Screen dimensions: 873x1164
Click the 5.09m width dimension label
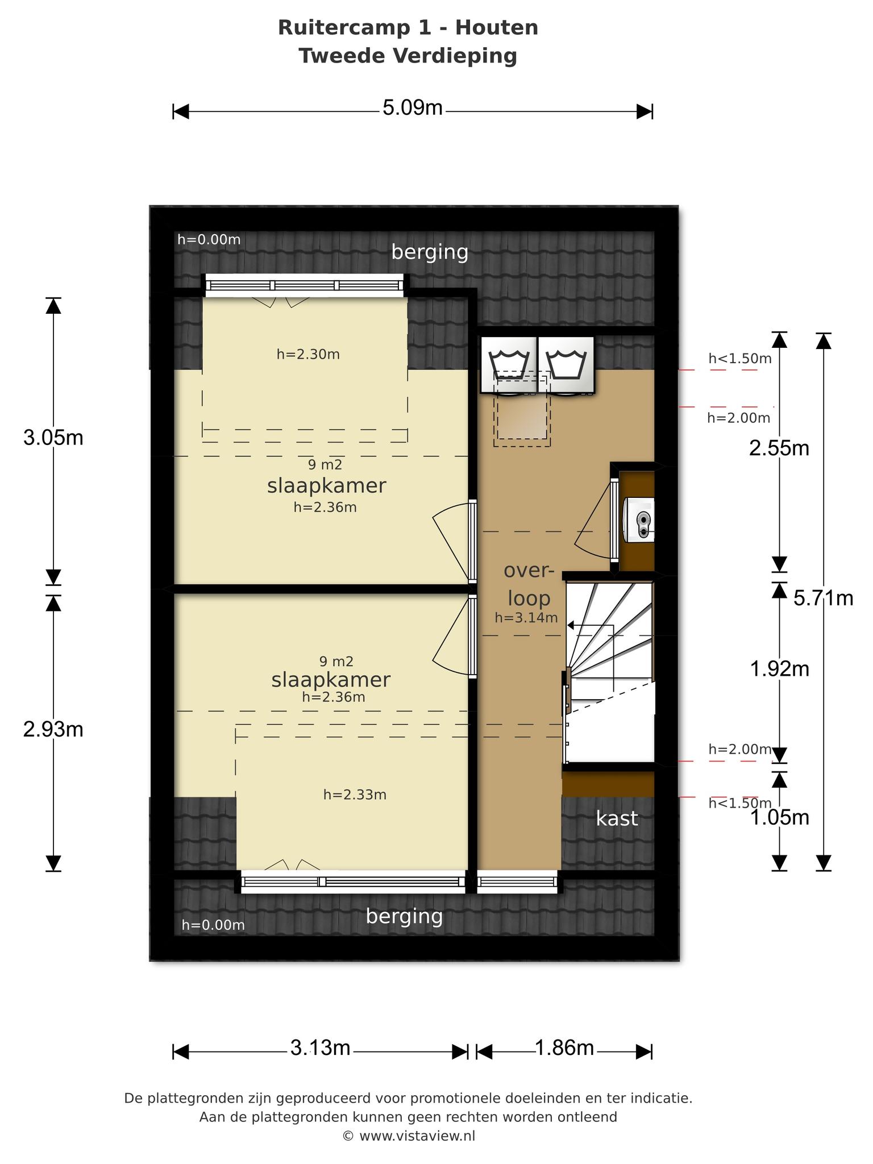click(x=413, y=107)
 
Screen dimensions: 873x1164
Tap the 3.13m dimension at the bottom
click(x=321, y=1047)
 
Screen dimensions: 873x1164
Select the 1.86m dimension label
click(x=564, y=1047)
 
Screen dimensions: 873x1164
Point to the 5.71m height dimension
click(x=824, y=598)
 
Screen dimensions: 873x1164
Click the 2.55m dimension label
click(x=779, y=448)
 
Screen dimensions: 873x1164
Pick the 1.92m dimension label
click(x=779, y=669)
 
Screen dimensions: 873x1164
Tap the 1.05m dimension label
click(x=779, y=818)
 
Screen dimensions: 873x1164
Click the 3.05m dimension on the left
click(x=53, y=438)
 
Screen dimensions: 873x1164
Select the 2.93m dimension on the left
click(x=53, y=729)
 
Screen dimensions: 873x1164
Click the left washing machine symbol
click(x=509, y=364)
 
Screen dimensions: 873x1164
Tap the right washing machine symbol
click(x=566, y=364)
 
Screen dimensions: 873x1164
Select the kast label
click(x=617, y=819)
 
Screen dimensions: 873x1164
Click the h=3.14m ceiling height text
click(x=526, y=618)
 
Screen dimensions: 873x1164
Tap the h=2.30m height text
click(x=308, y=354)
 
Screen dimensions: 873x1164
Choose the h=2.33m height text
click(x=355, y=795)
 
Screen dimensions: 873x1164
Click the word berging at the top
click(x=430, y=252)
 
